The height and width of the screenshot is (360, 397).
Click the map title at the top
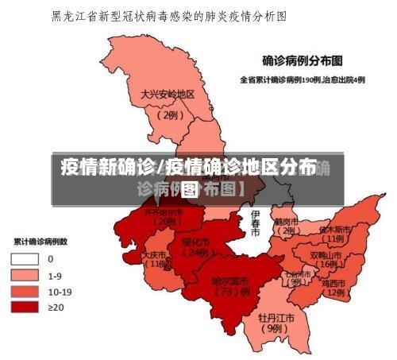pos(169,15)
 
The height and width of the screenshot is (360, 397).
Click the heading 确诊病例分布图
pos(303,59)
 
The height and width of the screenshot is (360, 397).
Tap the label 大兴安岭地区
pos(167,94)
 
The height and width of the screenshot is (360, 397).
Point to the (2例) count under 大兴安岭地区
pos(168,114)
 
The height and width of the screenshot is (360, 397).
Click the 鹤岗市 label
pos(285,221)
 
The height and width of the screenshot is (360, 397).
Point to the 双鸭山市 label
pos(326,256)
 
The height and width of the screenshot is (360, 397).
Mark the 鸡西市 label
pos(333,282)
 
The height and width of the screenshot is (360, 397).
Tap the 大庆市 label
pos(154,255)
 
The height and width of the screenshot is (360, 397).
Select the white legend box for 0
pos(24,258)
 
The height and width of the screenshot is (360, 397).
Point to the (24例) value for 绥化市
pos(194,253)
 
